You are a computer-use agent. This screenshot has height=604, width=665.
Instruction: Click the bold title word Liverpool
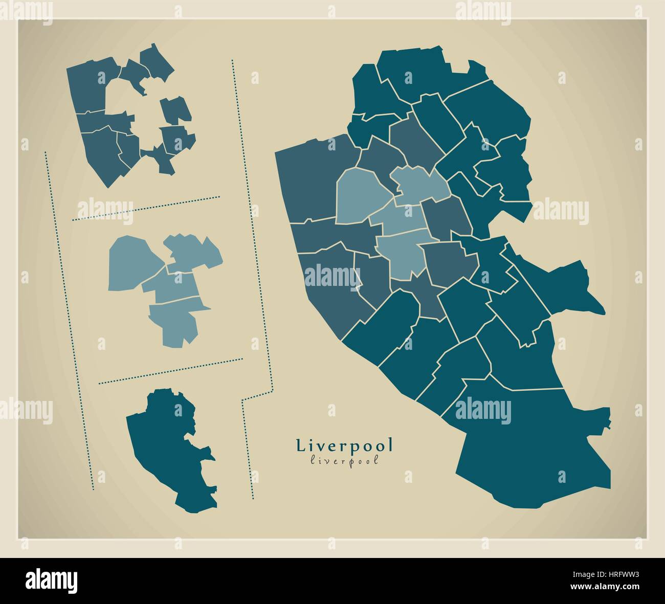pyautogui.click(x=345, y=445)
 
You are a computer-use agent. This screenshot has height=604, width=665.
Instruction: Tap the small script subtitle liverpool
pyautogui.click(x=345, y=460)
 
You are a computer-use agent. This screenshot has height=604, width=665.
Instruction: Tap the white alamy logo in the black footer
pyautogui.click(x=51, y=581)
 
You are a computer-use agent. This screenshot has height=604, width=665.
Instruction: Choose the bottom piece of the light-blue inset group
pyautogui.click(x=176, y=322)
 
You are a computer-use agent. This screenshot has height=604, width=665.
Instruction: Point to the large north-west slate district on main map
pyautogui.click(x=312, y=179)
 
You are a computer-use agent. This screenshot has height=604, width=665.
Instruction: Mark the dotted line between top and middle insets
pyautogui.click(x=146, y=208)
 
